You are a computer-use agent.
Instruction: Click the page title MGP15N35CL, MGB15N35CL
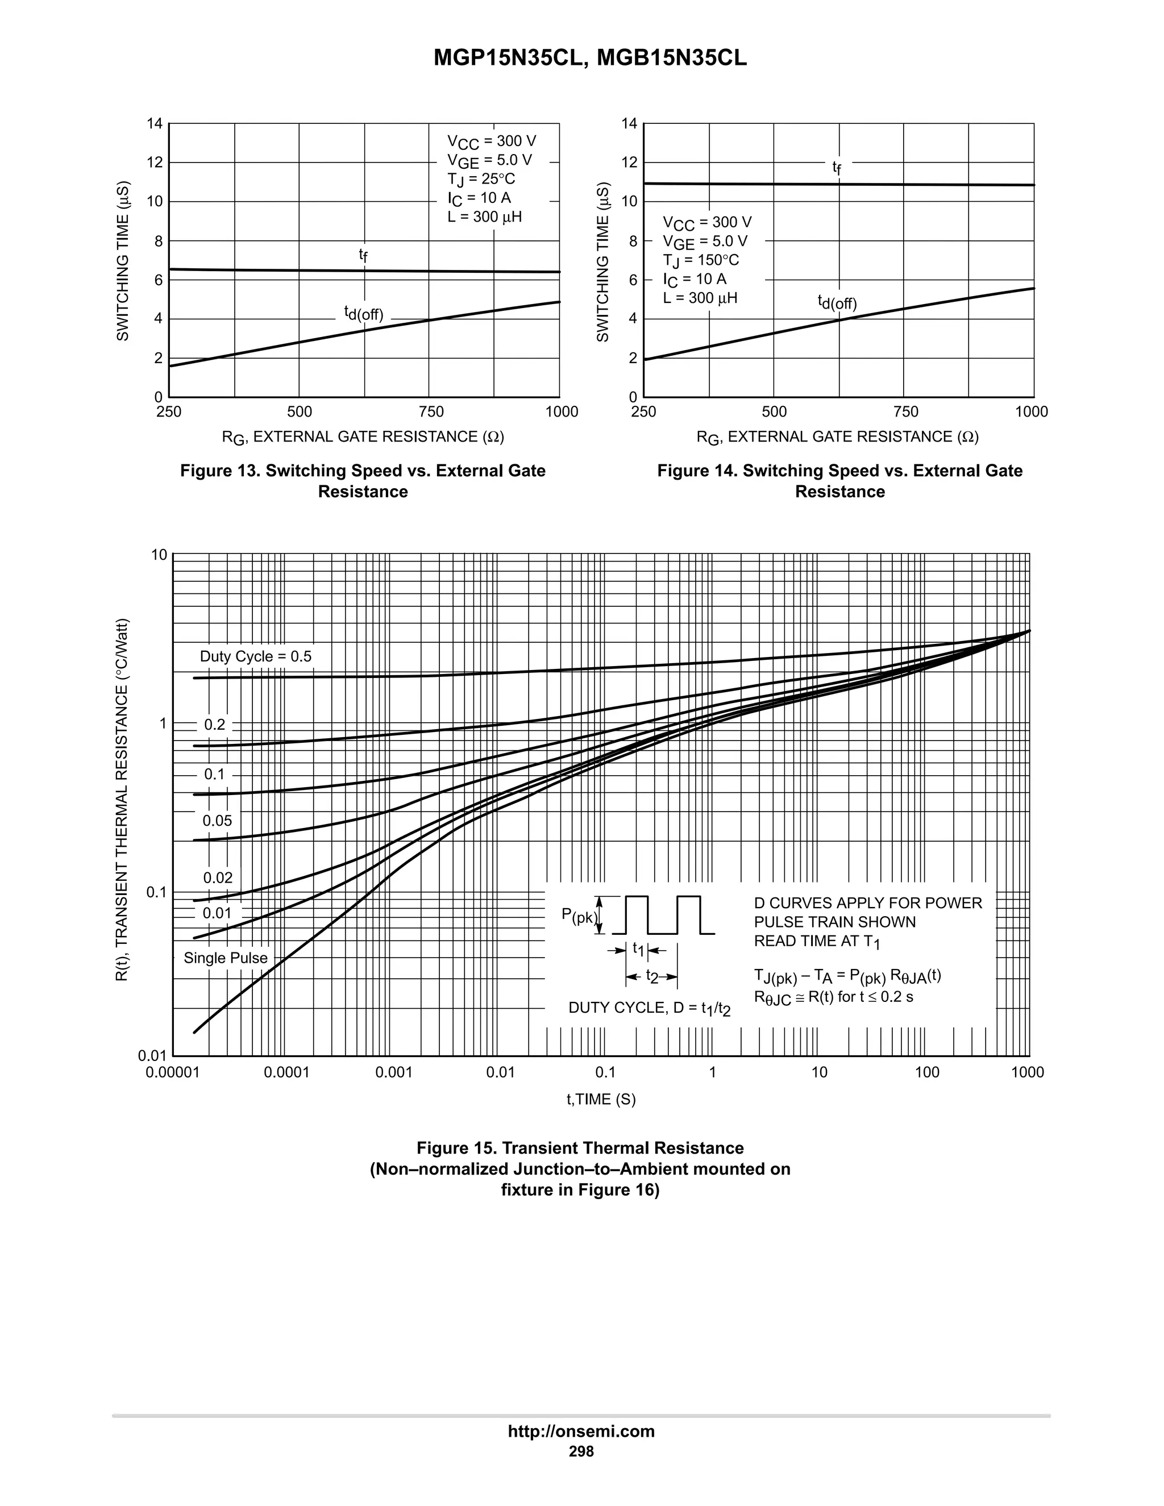(x=589, y=59)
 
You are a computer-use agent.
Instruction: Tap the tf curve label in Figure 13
(x=363, y=255)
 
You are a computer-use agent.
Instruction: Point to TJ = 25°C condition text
(x=481, y=179)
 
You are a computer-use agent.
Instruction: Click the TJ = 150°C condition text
(x=701, y=260)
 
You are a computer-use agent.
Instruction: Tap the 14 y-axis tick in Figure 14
(x=629, y=124)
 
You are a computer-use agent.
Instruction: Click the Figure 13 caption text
(x=363, y=481)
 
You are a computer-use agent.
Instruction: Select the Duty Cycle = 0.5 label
(x=255, y=656)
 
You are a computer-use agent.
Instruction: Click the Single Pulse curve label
(x=226, y=958)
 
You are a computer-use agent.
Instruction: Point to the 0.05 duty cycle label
(x=217, y=821)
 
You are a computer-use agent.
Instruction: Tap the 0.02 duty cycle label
(x=217, y=878)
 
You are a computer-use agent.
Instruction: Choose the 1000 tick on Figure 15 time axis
(x=1028, y=1073)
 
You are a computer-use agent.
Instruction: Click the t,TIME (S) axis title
(x=601, y=1099)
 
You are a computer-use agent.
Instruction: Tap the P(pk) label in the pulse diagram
(x=579, y=916)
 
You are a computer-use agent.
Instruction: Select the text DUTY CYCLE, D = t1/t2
(x=649, y=1008)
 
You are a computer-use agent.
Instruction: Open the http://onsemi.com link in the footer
(x=581, y=1431)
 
